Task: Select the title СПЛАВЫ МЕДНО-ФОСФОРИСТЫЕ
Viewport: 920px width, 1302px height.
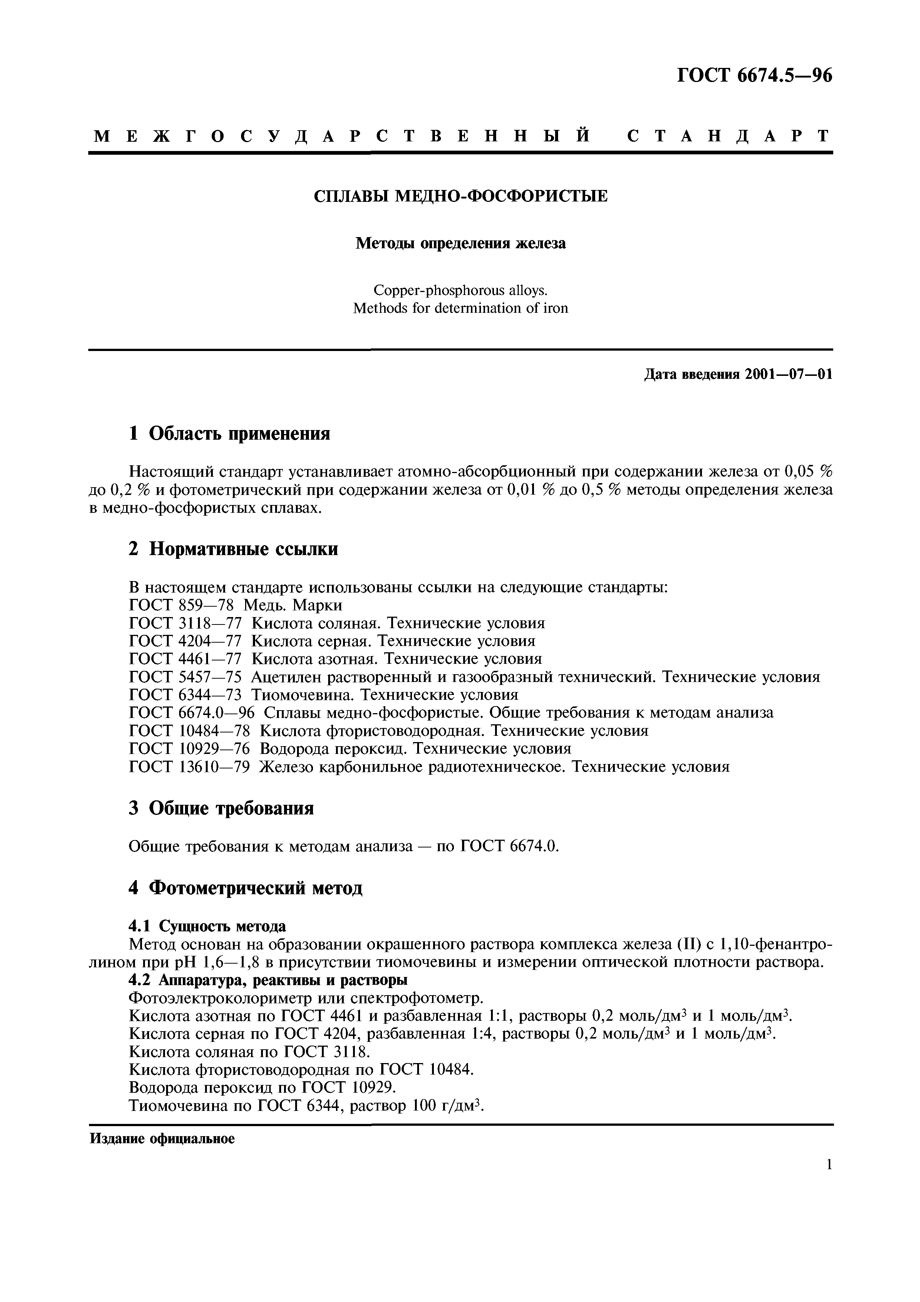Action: click(460, 196)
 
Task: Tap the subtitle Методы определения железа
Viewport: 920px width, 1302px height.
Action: click(460, 243)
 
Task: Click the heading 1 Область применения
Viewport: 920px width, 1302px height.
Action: click(230, 434)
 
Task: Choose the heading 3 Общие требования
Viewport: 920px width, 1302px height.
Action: click(221, 808)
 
